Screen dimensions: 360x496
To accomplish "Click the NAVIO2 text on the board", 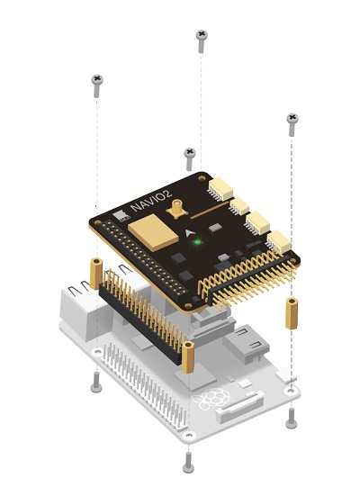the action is tap(151, 201).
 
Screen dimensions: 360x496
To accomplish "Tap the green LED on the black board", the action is tap(198, 242).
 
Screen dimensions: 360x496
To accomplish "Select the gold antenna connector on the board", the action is tap(176, 209).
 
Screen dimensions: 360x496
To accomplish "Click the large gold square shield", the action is tap(153, 232).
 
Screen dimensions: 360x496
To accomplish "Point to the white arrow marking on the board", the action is tap(189, 233).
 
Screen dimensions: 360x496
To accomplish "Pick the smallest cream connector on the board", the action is tap(239, 206).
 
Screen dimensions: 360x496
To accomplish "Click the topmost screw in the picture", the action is tap(202, 41).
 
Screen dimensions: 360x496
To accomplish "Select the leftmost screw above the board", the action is tap(97, 86).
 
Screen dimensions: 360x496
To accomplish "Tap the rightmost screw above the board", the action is tap(292, 125).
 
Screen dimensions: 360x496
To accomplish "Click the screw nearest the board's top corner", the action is tap(190, 158).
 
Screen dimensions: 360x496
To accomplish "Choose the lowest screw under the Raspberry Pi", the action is tap(188, 462).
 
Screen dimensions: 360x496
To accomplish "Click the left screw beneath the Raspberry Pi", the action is tap(96, 382).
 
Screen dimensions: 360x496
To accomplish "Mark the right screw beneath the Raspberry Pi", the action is tap(291, 419).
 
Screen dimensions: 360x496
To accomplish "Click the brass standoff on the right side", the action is tap(292, 313).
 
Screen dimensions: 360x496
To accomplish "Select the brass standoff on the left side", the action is tap(96, 274).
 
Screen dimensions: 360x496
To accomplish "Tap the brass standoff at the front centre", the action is tap(188, 357).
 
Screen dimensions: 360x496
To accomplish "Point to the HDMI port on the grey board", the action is tap(246, 343).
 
